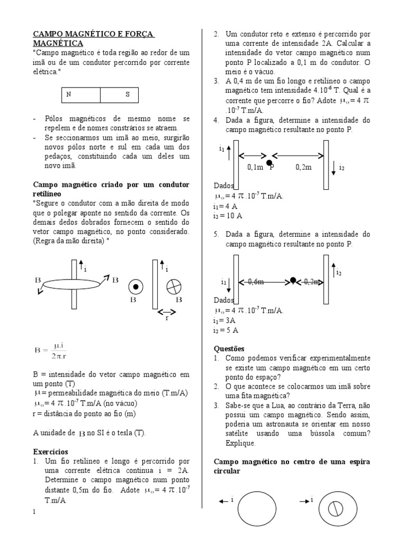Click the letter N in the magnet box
pos(68,95)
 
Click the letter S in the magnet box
pos(127,95)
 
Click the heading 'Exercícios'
pos(51,451)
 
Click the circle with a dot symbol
pos(136,287)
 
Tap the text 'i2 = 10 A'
pos(228,216)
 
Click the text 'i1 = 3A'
pos(226,321)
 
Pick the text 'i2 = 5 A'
pos(226,330)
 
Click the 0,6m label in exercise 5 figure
pos(255,282)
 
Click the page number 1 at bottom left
pos(35,512)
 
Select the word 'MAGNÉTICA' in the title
pos(57,43)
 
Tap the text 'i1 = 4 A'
pos(226,206)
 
